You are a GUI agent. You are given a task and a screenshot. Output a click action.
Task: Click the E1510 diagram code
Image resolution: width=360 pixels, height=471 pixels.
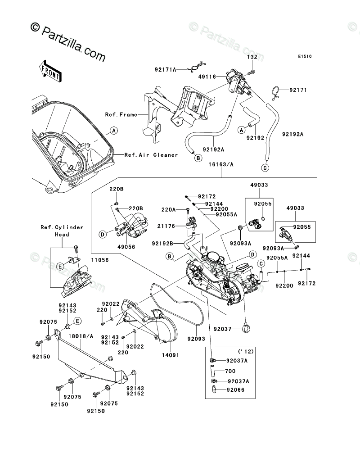[x=305, y=56]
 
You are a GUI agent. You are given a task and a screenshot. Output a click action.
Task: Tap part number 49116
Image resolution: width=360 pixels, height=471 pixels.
[x=207, y=77]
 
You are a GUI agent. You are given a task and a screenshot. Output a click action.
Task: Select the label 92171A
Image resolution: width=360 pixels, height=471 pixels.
[x=166, y=69]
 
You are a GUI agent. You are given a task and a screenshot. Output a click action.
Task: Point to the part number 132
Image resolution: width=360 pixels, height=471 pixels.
[x=252, y=56]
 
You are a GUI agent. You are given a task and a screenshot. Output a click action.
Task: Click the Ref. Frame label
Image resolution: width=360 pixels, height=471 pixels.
[x=121, y=114]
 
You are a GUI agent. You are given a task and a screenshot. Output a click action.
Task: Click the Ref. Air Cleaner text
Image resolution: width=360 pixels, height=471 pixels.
[x=151, y=155]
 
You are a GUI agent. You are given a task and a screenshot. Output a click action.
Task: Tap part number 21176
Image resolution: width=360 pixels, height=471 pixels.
[x=166, y=226]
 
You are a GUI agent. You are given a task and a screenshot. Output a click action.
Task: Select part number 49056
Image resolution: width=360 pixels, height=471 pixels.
[x=126, y=247]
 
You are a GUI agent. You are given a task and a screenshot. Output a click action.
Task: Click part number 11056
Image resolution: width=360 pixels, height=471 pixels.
[x=99, y=260]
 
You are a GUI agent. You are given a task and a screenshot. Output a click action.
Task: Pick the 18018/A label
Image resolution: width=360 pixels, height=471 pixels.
[x=81, y=336]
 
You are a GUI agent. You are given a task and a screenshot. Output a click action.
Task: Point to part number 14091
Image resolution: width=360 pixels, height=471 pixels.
[x=170, y=355]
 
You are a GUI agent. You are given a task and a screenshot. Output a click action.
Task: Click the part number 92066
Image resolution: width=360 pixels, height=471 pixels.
[x=236, y=389]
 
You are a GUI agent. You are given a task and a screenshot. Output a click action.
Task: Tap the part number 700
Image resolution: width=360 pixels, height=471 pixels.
[x=230, y=371]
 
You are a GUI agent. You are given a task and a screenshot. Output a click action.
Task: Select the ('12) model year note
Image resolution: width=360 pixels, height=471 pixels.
[x=246, y=351]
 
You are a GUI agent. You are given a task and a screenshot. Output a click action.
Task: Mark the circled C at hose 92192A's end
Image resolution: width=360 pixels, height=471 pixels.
[x=265, y=168]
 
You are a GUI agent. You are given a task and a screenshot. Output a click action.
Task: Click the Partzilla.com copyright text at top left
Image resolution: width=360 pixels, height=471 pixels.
[x=68, y=42]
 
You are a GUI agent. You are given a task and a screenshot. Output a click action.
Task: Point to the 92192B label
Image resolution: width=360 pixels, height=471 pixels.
[x=162, y=244]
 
